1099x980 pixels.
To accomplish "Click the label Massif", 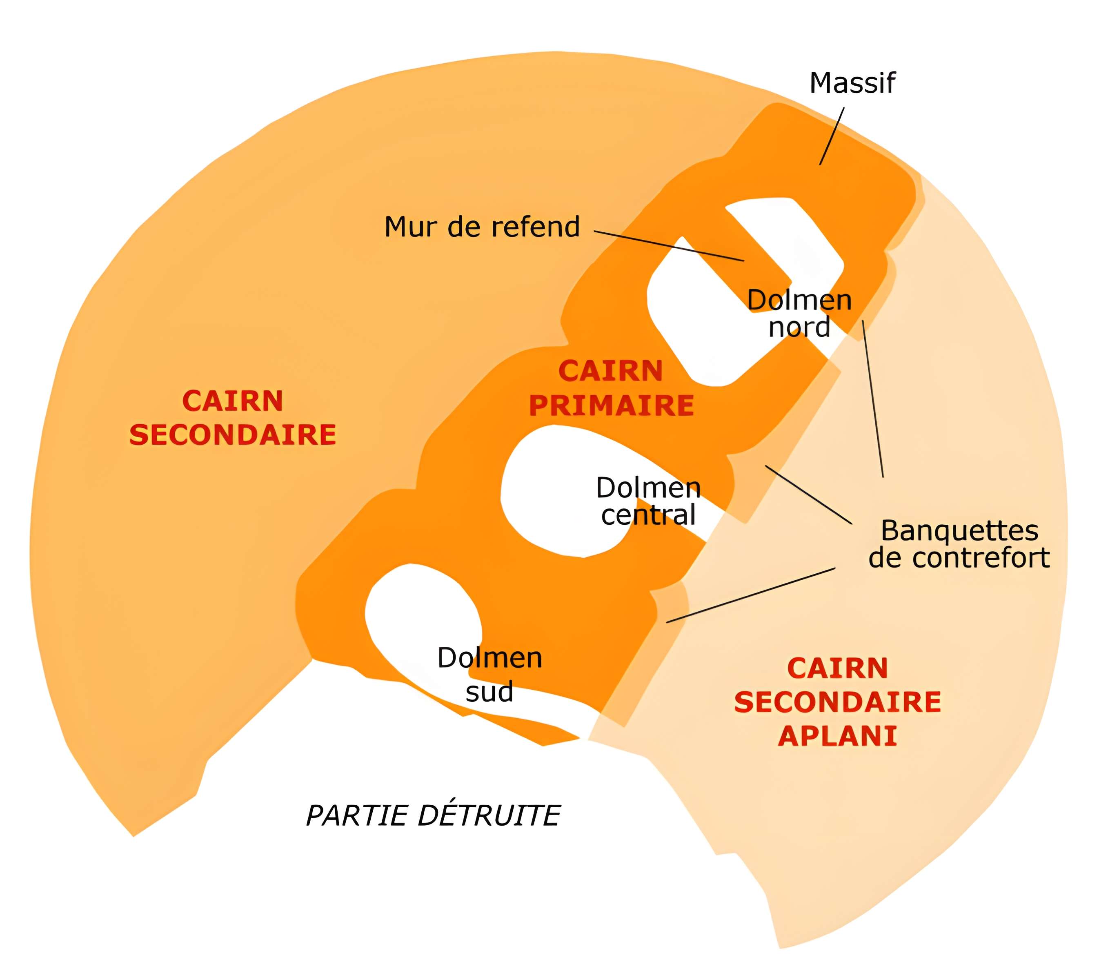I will coord(852,83).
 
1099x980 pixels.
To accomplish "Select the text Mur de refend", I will coord(482,227).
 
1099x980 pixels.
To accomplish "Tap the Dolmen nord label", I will coord(800,313).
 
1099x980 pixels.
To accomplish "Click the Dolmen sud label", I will coord(489,675).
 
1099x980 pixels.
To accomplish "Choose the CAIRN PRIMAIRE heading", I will coord(611,388).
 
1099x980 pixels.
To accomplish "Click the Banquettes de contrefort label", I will coord(959,544).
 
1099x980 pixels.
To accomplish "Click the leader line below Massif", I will coord(832,136).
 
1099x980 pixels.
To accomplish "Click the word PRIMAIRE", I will coord(611,405).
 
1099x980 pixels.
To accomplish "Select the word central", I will coord(648,515).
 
